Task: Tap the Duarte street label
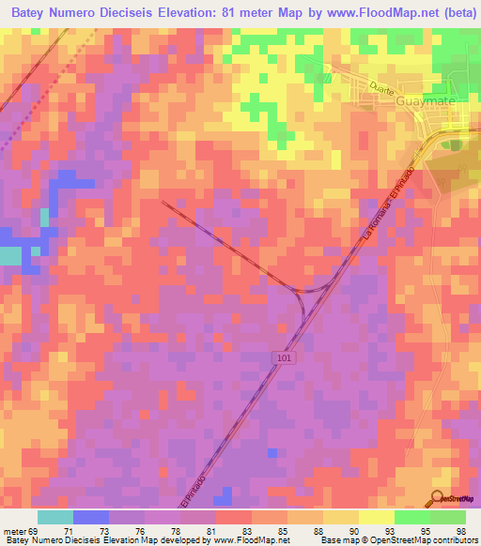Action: click(381, 84)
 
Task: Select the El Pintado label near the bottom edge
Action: click(194, 489)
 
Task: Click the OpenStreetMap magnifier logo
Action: click(438, 498)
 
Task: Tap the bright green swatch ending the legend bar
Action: click(448, 517)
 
